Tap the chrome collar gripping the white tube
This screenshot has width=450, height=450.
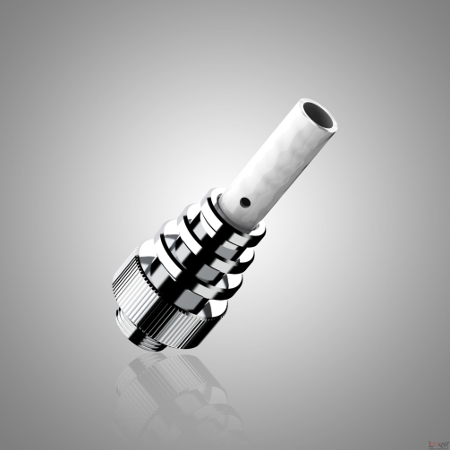pyautogui.click(x=234, y=211)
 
